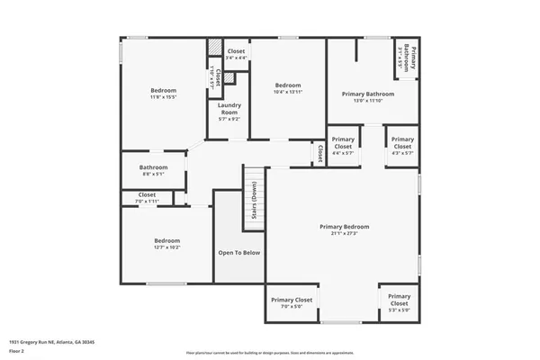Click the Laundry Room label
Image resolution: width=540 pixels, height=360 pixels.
pyautogui.click(x=229, y=109)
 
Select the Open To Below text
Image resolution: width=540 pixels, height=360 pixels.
pyautogui.click(x=238, y=252)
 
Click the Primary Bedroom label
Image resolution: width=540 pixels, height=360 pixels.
pyautogui.click(x=345, y=226)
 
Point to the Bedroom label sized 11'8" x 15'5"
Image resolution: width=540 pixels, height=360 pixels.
pyautogui.click(x=163, y=90)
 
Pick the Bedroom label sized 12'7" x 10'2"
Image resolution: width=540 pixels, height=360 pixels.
pyautogui.click(x=166, y=240)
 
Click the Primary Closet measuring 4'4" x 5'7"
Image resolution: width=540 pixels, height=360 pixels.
pyautogui.click(x=342, y=143)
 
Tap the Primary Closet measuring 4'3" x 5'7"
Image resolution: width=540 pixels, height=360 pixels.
pyautogui.click(x=402, y=143)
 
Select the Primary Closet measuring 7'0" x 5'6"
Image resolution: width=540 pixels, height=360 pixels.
pyautogui.click(x=292, y=300)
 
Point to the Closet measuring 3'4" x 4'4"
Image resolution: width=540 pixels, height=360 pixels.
pyautogui.click(x=237, y=51)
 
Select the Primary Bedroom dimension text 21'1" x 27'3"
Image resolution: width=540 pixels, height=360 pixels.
pyautogui.click(x=345, y=233)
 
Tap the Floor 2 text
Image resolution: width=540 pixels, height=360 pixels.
pyautogui.click(x=18, y=350)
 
